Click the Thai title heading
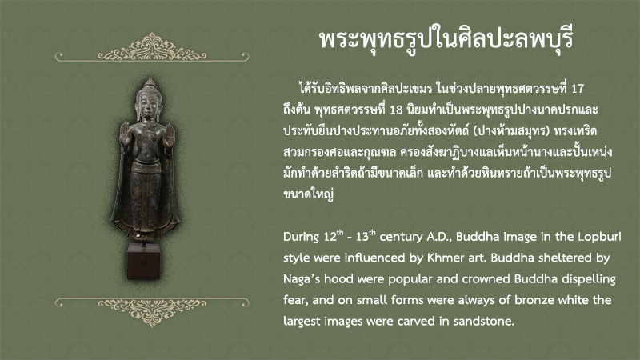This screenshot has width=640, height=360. (x=446, y=40)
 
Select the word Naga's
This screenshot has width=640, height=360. (x=302, y=280)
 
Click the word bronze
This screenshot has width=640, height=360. (x=534, y=300)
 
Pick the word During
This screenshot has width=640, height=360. (x=302, y=237)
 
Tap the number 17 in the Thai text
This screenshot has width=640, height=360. (x=577, y=89)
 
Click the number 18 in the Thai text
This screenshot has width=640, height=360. (x=396, y=110)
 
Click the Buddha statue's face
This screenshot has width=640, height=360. (x=148, y=106)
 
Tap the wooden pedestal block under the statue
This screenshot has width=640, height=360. (x=143, y=262)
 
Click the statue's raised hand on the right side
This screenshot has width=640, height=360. (x=169, y=135)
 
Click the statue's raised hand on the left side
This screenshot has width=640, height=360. (x=125, y=134)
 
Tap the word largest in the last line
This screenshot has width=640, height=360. (x=302, y=322)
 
